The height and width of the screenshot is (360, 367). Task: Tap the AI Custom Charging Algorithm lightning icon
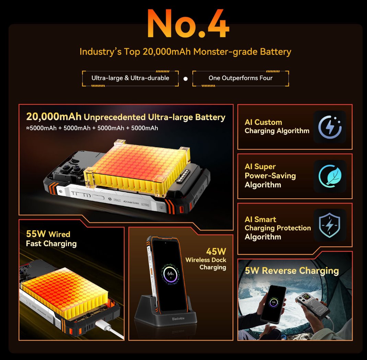[x=330, y=127]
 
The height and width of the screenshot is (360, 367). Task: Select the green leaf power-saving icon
[x=330, y=176]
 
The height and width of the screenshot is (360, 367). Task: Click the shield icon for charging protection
[x=330, y=225]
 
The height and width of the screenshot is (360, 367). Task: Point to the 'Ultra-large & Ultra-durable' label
[x=130, y=78]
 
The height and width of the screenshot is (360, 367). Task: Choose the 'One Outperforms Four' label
[x=240, y=78]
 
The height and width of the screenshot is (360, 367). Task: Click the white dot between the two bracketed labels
[x=186, y=79]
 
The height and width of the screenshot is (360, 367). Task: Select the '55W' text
[x=36, y=234]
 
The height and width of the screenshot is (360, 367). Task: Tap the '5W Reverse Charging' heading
[x=292, y=271]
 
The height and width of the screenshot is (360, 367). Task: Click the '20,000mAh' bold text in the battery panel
[x=54, y=117]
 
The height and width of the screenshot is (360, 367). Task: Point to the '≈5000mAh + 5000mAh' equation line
[x=92, y=128]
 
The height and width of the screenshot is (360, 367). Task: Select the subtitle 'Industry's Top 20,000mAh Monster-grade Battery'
[x=185, y=52]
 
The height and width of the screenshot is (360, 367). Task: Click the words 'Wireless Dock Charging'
[x=206, y=264]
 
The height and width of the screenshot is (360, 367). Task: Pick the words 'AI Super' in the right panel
[x=260, y=167]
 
